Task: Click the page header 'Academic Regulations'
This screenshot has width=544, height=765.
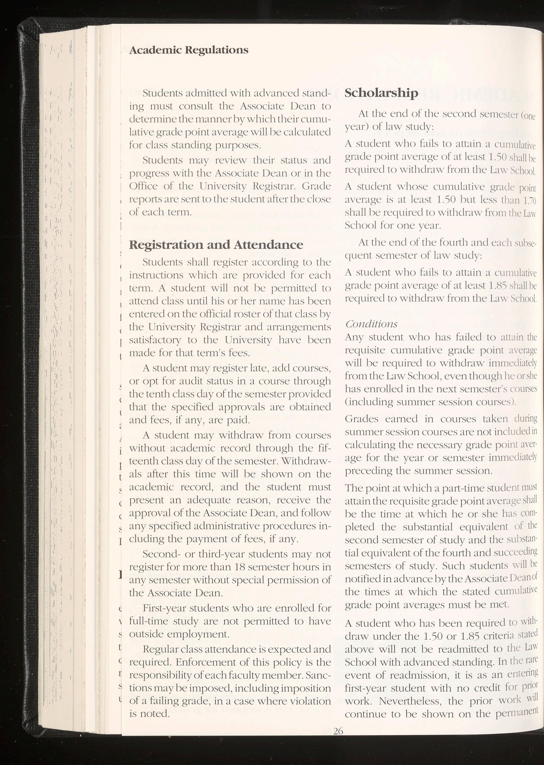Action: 189,50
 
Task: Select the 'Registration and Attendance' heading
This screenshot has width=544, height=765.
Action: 216,245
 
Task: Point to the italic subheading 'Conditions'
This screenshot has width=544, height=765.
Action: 371,324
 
